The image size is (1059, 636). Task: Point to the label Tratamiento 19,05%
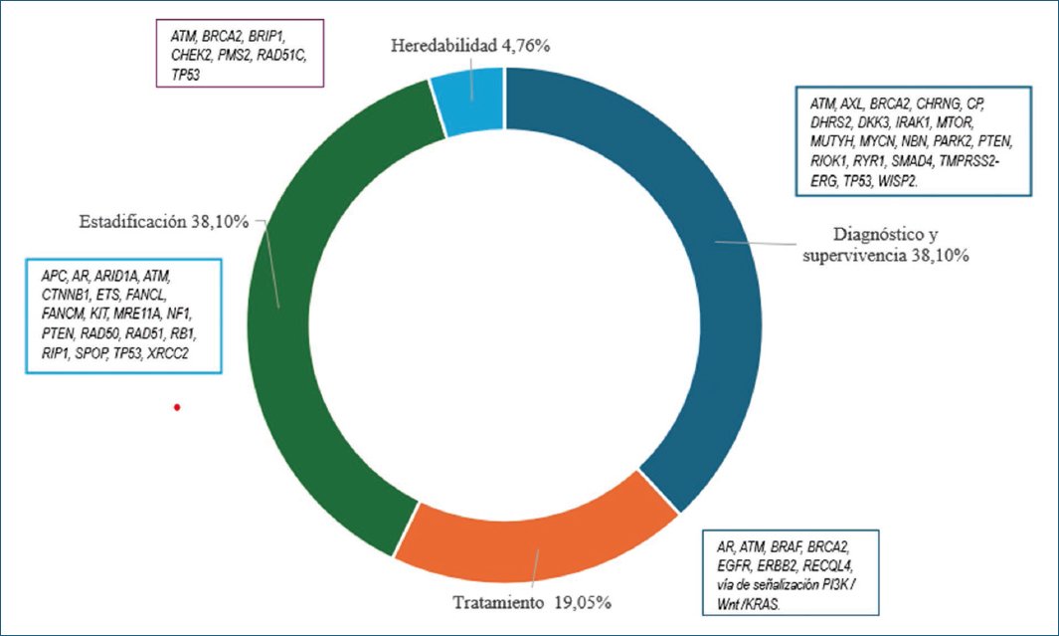[532, 603]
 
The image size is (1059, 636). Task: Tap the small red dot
[177, 407]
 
